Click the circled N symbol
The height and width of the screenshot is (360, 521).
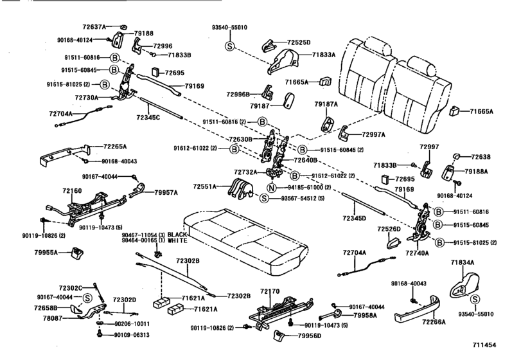[x=272, y=188]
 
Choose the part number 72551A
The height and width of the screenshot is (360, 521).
[x=206, y=186]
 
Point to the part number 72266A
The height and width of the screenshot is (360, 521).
[x=452, y=321]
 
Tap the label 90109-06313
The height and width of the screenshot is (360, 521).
[x=132, y=335]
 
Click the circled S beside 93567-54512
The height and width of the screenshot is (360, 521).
[x=264, y=198]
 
